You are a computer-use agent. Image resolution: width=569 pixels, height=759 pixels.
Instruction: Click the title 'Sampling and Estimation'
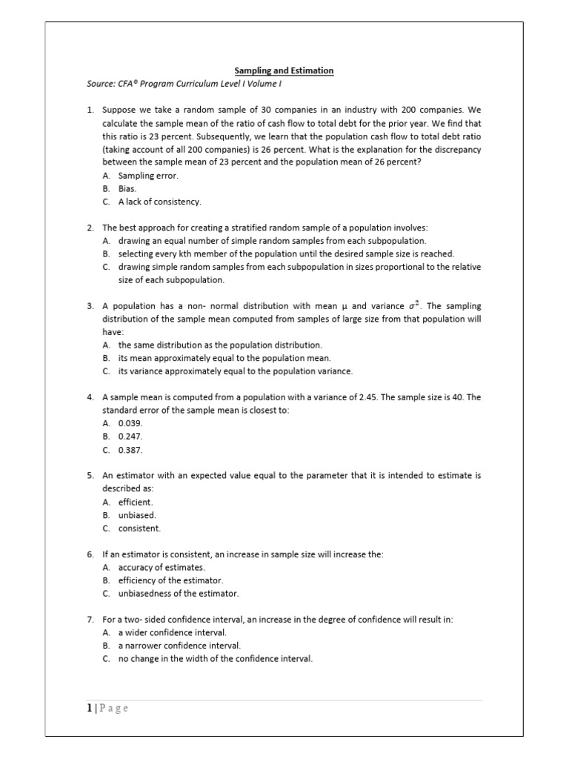[x=284, y=70]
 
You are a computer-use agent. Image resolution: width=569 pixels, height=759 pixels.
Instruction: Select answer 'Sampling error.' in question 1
[x=148, y=176]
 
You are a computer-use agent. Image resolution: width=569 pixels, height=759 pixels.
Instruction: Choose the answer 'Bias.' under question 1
[x=127, y=188]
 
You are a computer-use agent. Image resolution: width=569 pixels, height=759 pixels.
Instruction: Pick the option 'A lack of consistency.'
[x=159, y=202]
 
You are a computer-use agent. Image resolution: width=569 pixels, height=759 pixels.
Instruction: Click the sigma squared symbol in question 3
[x=414, y=305]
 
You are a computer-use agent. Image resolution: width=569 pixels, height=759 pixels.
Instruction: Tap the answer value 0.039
[x=130, y=422]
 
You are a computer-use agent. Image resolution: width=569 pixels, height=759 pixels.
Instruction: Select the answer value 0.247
[x=130, y=436]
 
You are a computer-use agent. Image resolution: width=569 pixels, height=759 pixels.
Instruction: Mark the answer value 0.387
[x=130, y=449]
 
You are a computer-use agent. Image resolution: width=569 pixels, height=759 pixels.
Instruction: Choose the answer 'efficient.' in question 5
[x=136, y=502]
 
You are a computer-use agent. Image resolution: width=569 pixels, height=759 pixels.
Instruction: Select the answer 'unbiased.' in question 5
[x=137, y=515]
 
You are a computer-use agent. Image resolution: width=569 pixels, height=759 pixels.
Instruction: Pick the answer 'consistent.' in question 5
[x=139, y=528]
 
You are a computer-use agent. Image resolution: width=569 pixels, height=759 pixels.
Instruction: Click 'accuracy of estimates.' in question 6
[x=162, y=567]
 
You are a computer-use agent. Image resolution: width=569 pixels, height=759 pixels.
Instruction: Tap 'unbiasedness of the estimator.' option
[x=179, y=594]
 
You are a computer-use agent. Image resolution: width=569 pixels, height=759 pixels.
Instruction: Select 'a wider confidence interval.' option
[x=172, y=632]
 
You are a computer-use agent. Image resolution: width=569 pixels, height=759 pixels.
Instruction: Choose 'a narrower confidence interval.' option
[x=179, y=646]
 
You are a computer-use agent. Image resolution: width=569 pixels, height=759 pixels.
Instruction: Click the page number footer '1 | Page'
[x=108, y=708]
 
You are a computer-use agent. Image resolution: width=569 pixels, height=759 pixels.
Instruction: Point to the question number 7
[x=90, y=619]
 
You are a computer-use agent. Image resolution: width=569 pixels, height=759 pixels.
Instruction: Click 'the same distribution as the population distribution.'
[x=220, y=345]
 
